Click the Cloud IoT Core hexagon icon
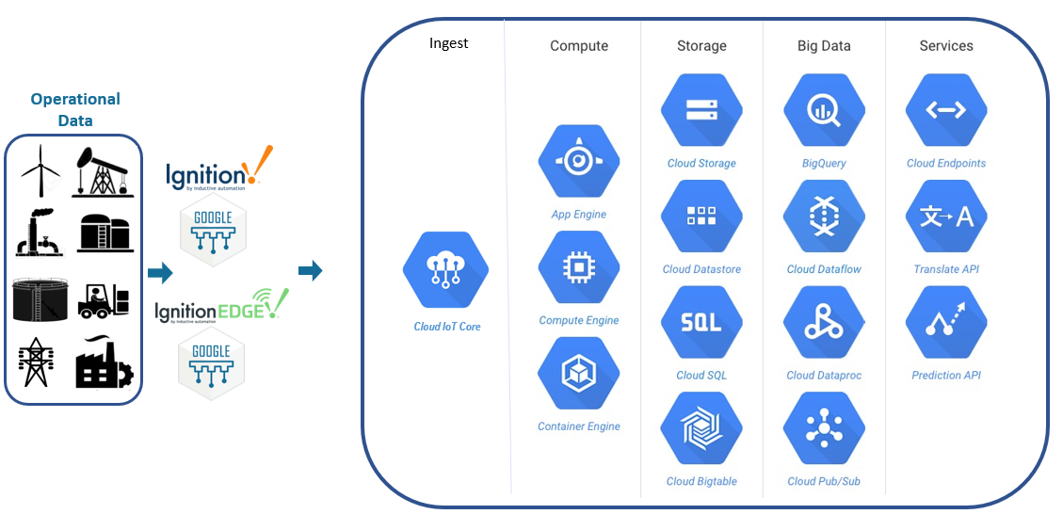pos(446,270)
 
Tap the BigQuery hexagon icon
pos(823,110)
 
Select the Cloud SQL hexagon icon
pos(701,323)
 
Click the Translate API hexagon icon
pos(946,217)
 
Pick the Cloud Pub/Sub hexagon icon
pos(823,429)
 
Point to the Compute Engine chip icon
pos(578,267)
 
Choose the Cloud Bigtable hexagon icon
pos(701,429)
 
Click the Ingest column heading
pos(448,43)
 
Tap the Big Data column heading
pos(824,45)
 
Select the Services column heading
pos(946,45)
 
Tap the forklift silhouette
pos(103,299)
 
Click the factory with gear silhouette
pos(104,363)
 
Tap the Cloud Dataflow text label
pos(824,269)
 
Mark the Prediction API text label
pos(946,376)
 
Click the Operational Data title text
pos(75,109)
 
